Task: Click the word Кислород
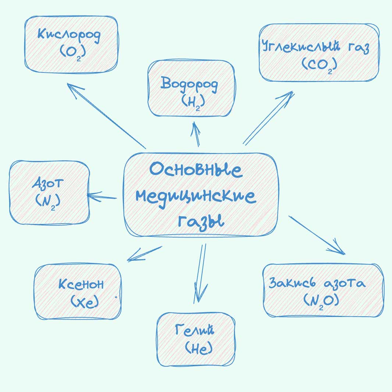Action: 69,36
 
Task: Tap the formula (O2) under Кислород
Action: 73,52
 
